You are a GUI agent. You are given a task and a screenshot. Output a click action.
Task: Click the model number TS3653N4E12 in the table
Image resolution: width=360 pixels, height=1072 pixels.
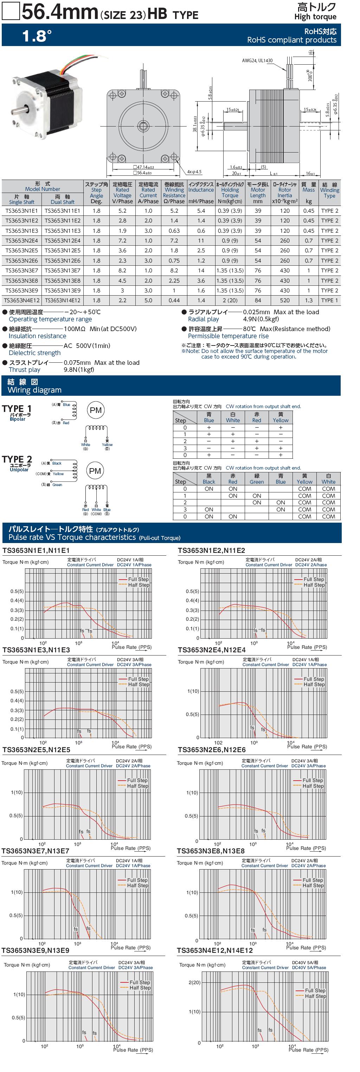pyautogui.click(x=22, y=301)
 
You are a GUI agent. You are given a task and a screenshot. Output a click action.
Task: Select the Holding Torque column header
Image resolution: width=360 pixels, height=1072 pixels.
pyautogui.click(x=230, y=193)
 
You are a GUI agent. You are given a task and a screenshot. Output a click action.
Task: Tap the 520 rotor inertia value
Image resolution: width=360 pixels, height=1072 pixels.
pyautogui.click(x=285, y=301)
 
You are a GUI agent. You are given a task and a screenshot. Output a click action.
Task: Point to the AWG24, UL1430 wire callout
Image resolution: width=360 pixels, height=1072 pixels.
pyautogui.click(x=257, y=60)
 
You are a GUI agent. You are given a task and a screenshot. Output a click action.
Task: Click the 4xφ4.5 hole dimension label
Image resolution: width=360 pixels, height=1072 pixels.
pyautogui.click(x=194, y=172)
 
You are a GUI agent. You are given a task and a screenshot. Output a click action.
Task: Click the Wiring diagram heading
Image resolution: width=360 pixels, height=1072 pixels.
pyautogui.click(x=34, y=390)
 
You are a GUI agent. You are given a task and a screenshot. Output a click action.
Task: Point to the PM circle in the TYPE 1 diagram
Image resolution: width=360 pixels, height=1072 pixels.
pyautogui.click(x=95, y=410)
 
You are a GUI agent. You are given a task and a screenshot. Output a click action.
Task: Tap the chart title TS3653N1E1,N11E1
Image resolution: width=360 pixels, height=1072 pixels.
pyautogui.click(x=36, y=550)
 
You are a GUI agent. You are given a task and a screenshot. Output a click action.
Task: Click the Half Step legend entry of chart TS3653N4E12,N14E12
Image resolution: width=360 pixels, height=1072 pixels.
pyautogui.click(x=315, y=996)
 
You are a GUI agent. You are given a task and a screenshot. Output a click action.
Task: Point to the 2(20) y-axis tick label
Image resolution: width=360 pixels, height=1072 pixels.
pyautogui.click(x=194, y=982)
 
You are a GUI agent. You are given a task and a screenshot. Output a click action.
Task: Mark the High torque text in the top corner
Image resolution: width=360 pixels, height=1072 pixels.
pyautogui.click(x=315, y=17)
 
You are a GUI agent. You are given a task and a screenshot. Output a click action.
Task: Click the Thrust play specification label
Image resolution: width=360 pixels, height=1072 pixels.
pyautogui.click(x=25, y=369)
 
